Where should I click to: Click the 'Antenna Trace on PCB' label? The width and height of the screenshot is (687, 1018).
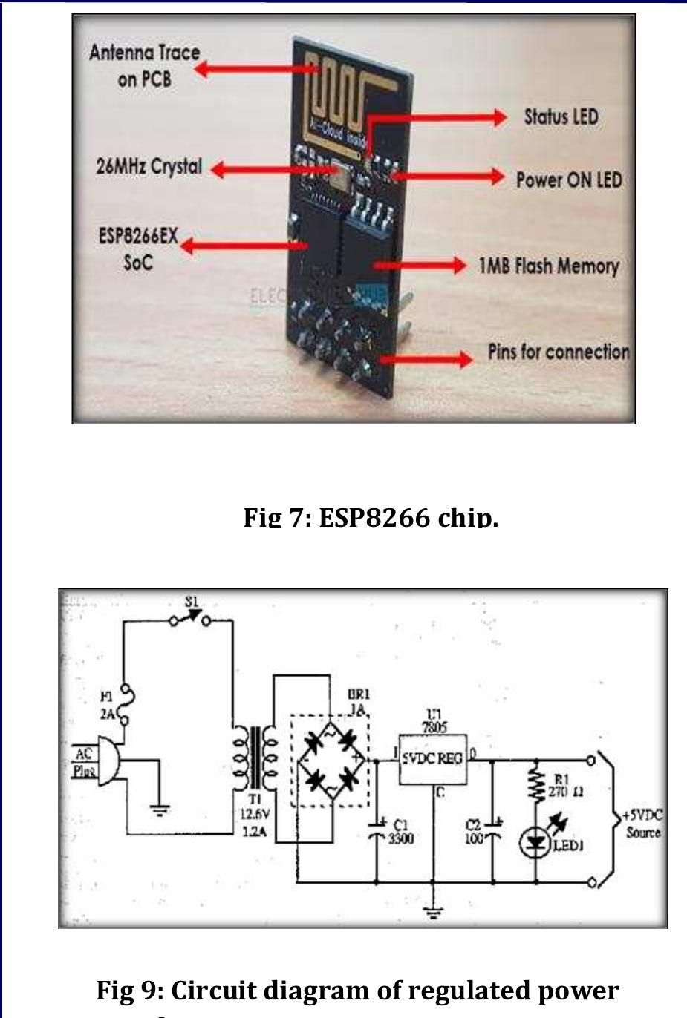[144, 65]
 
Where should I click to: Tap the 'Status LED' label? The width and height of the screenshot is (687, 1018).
[561, 117]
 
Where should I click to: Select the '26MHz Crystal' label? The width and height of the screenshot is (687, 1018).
[149, 166]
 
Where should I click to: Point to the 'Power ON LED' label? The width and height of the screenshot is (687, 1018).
[569, 180]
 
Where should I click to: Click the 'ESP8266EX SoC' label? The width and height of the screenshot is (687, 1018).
[138, 249]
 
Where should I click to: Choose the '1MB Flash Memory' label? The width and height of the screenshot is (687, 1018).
[548, 266]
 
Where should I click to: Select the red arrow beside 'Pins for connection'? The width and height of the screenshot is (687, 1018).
[426, 360]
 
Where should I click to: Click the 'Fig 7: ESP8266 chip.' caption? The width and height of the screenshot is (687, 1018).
[371, 517]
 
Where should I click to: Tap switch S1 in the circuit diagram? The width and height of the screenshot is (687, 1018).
[191, 617]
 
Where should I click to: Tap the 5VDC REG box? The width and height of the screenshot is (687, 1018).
[433, 758]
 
